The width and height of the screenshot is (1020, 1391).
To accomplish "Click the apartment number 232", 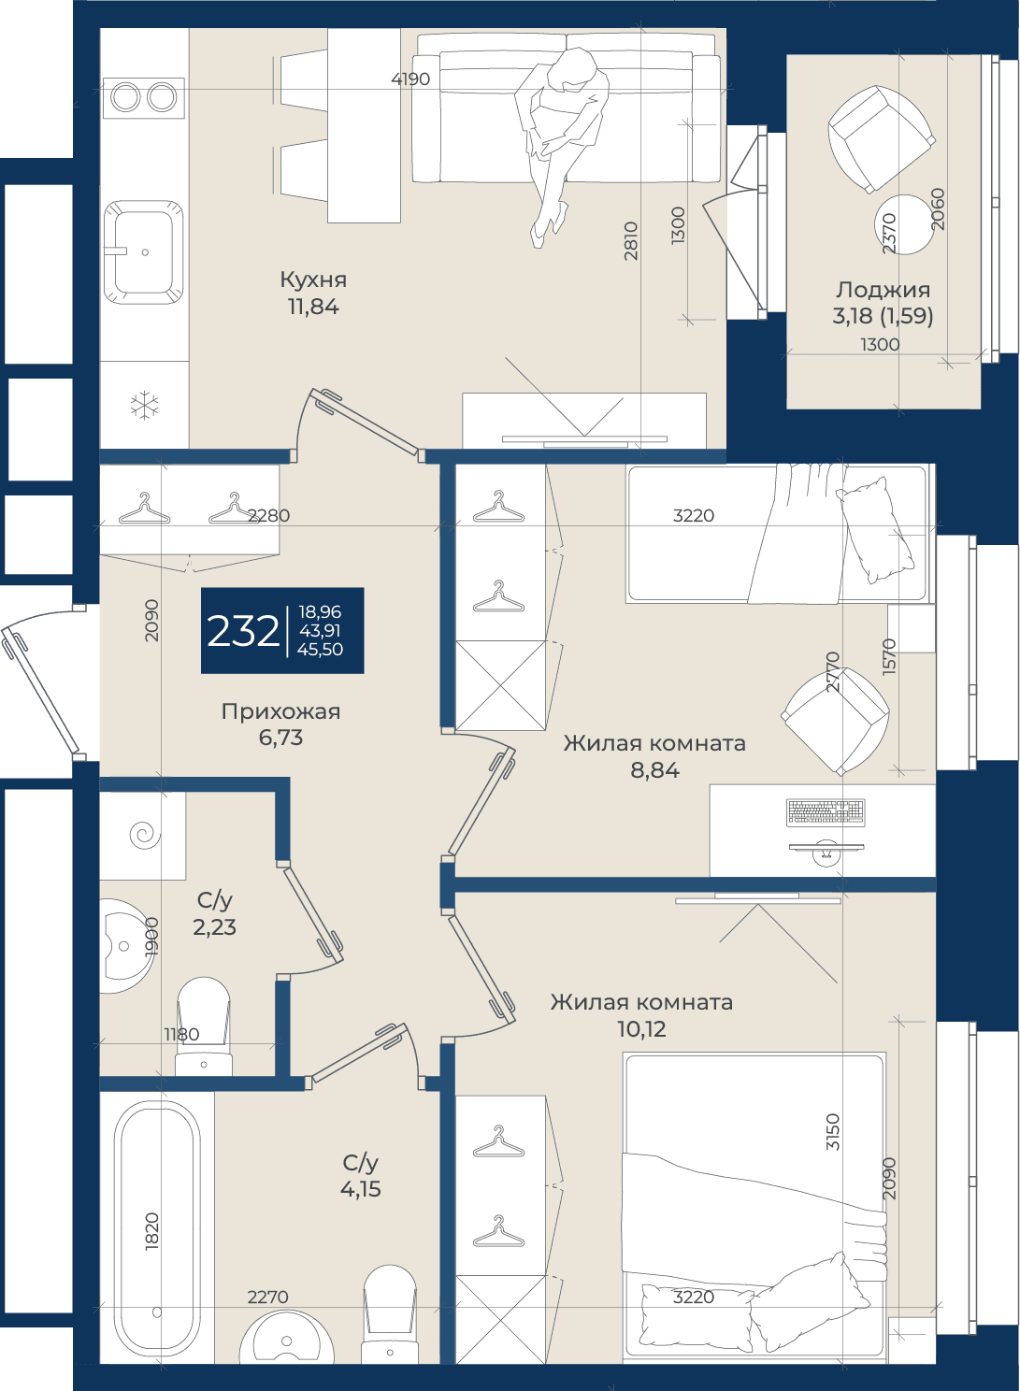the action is [x=243, y=631].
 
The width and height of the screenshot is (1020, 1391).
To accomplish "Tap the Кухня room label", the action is [x=313, y=280].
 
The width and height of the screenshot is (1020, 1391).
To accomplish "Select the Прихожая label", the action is [x=280, y=711].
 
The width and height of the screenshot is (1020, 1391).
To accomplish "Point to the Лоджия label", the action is [x=883, y=291].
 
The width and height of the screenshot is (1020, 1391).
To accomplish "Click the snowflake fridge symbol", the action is [x=144, y=406].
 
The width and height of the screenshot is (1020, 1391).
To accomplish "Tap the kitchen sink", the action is [x=143, y=252].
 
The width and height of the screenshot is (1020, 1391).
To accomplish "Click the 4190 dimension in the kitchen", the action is [x=410, y=79].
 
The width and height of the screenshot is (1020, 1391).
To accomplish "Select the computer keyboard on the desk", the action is [x=826, y=812].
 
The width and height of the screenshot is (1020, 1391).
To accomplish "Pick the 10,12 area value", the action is [x=641, y=1029].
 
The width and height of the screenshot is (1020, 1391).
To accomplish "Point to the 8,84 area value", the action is [x=654, y=770].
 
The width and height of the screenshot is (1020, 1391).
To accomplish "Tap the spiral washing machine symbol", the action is [x=146, y=835].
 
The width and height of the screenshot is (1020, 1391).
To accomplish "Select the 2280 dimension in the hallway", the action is [x=268, y=515].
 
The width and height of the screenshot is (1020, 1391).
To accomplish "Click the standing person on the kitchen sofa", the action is [x=562, y=146].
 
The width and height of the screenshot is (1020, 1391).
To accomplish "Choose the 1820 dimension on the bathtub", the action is [x=152, y=1230].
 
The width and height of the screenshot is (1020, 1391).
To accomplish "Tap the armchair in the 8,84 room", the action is [x=835, y=722].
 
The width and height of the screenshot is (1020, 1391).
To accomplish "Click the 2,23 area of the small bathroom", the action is [x=214, y=927].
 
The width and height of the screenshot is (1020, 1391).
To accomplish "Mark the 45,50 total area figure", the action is [x=320, y=650].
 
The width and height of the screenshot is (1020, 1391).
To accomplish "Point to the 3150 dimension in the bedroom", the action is [x=833, y=1132].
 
